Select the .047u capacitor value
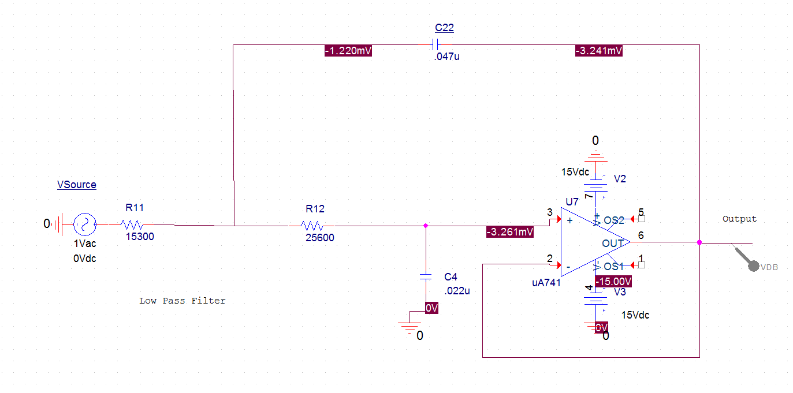[x=446, y=57]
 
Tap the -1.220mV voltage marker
[x=348, y=51]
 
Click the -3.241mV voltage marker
[x=599, y=51]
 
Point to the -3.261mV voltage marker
[x=510, y=232]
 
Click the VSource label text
[x=76, y=185]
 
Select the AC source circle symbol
[x=84, y=224]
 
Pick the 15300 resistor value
[x=140, y=237]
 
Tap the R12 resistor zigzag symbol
[x=312, y=226]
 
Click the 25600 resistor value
[x=319, y=238]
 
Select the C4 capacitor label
[x=451, y=277]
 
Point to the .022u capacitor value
[x=457, y=291]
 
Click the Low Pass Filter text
[x=182, y=301]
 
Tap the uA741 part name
[x=546, y=283]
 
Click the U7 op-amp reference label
[x=572, y=202]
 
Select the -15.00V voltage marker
[x=613, y=282]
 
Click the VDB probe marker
[x=753, y=265]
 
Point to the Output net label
[x=739, y=219]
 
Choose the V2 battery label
[x=620, y=179]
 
